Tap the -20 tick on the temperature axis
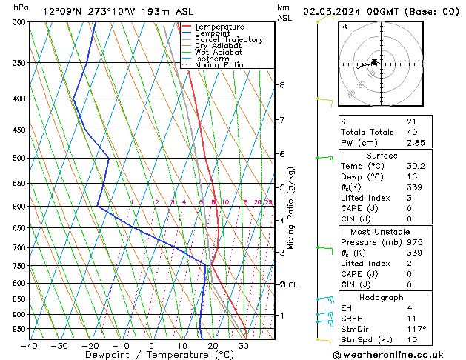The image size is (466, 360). [x=90, y=345]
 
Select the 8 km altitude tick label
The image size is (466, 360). [x=282, y=85]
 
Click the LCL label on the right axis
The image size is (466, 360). [x=291, y=284]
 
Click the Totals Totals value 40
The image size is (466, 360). [x=411, y=132]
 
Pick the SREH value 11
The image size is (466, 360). [x=411, y=318]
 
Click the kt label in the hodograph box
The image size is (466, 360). [x=344, y=27]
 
